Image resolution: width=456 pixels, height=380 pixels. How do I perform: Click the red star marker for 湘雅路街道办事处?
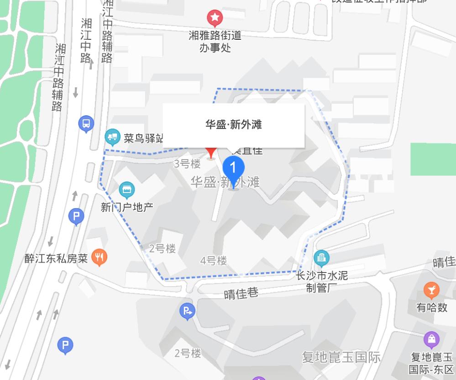pyautogui.click(x=215, y=18)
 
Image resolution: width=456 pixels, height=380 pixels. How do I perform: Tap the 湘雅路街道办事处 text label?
pyautogui.click(x=215, y=41)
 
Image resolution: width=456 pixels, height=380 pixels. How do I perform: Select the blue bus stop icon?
pyautogui.click(x=86, y=123)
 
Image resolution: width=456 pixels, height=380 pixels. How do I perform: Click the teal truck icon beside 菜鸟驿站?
pyautogui.click(x=112, y=137)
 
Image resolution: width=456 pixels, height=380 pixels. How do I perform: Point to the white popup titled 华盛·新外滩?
pyautogui.click(x=234, y=125)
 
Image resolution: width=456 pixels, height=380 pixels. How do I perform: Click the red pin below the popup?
pyautogui.click(x=211, y=152)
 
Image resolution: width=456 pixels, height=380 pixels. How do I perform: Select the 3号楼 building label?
pyautogui.click(x=187, y=164)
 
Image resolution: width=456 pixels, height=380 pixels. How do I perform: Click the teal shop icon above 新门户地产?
pyautogui.click(x=126, y=189)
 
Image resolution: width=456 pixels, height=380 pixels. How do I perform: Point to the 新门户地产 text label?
pyautogui.click(x=127, y=207)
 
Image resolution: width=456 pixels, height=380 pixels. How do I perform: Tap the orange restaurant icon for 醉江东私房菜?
pyautogui.click(x=99, y=257)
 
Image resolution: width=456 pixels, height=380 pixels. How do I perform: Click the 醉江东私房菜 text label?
pyautogui.click(x=56, y=258)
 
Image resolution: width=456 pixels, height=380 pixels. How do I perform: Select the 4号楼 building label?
pyautogui.click(x=214, y=261)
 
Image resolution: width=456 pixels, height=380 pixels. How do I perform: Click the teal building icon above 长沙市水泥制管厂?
pyautogui.click(x=321, y=258)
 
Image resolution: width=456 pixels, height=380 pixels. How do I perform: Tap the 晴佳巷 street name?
pyautogui.click(x=241, y=293)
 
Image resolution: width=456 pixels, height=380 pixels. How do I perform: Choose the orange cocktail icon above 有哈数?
pyautogui.click(x=431, y=290)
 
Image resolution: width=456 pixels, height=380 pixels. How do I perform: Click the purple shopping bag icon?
pyautogui.click(x=431, y=340)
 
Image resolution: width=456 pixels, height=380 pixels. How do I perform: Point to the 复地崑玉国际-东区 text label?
pyautogui.click(x=431, y=363)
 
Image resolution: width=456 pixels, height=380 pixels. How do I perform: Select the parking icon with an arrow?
pyautogui.click(x=187, y=312)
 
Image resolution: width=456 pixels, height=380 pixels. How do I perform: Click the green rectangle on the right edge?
pyautogui.click(x=433, y=159)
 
